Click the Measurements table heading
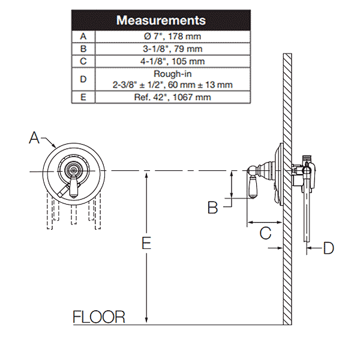pyautogui.click(x=161, y=20)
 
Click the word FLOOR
pyautogui.click(x=99, y=317)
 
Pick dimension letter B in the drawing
pyautogui.click(x=213, y=208)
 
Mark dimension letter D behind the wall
pyautogui.click(x=328, y=247)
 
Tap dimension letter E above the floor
pyautogui.click(x=145, y=243)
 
